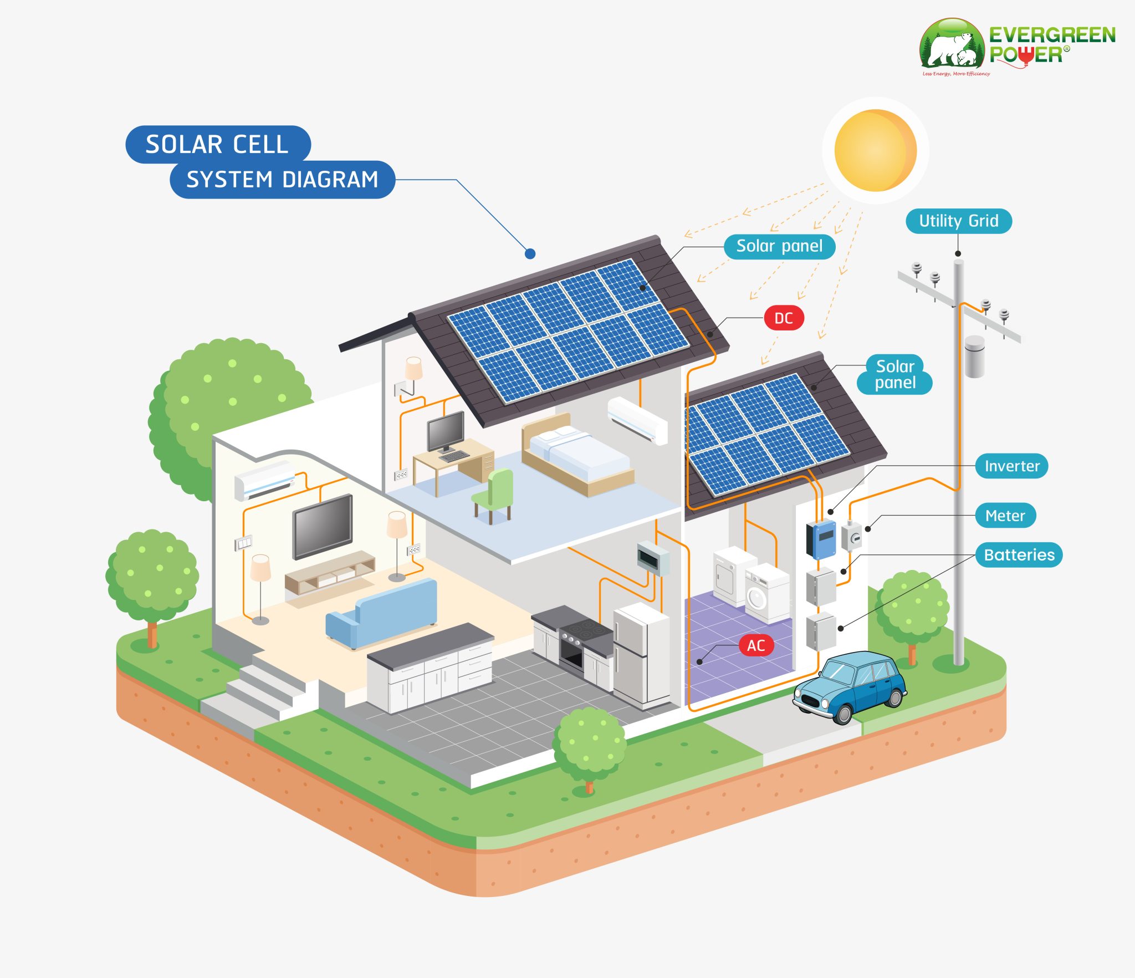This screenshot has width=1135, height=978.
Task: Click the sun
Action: tap(875, 150)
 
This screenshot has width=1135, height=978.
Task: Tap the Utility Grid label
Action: tap(958, 221)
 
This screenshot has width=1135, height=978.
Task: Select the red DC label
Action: tap(783, 318)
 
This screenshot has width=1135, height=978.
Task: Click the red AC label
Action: tap(756, 645)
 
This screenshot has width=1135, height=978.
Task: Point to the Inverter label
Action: tap(1011, 466)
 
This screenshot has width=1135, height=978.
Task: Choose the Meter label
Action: tap(1005, 516)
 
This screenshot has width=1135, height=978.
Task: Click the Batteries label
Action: tap(1019, 555)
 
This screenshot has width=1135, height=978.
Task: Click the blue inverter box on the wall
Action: tap(821, 539)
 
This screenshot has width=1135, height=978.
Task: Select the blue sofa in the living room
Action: tap(382, 613)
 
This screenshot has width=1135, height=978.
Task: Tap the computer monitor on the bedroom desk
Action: tap(446, 431)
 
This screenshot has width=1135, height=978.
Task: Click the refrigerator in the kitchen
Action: tap(642, 654)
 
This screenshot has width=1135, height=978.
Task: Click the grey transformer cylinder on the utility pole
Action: tap(974, 356)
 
